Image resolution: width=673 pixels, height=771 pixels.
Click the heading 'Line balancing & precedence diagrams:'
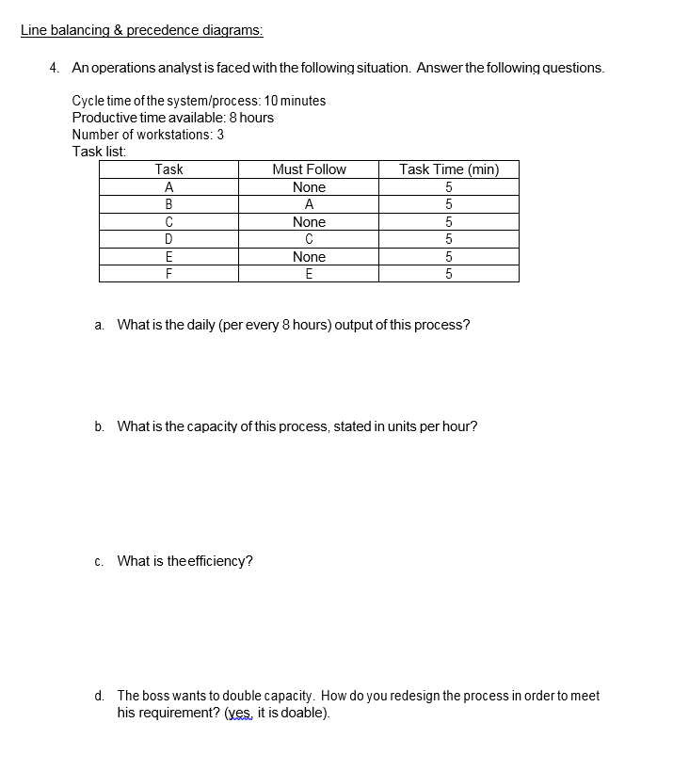141,29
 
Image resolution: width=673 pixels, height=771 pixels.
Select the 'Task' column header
168,169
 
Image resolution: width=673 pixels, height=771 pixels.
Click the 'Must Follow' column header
309,169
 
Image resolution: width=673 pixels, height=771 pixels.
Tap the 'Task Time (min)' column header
449,169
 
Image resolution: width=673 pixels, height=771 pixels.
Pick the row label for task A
168,187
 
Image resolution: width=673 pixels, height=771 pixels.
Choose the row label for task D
168,239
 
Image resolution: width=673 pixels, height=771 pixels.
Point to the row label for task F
168,274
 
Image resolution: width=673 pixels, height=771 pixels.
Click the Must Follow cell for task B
309,204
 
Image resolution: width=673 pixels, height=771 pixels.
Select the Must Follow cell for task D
309,239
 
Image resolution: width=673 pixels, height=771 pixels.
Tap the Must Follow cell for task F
309,274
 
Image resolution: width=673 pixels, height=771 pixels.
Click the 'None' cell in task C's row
309,222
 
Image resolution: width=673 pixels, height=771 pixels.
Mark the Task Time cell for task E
449,257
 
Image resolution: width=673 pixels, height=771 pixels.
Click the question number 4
55,68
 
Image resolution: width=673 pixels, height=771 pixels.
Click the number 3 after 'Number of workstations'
220,135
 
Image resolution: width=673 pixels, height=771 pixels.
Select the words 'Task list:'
99,152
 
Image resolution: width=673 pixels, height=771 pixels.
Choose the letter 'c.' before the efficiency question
100,562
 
